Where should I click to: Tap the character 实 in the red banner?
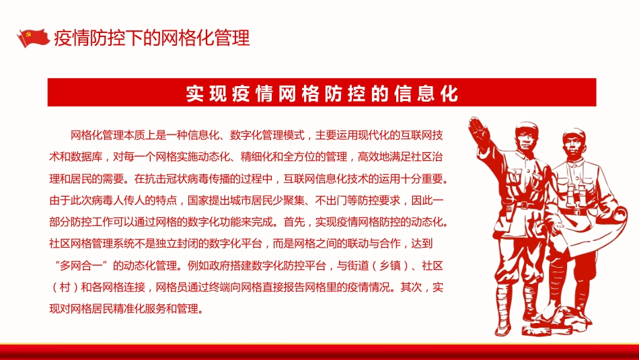(x=195, y=93)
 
